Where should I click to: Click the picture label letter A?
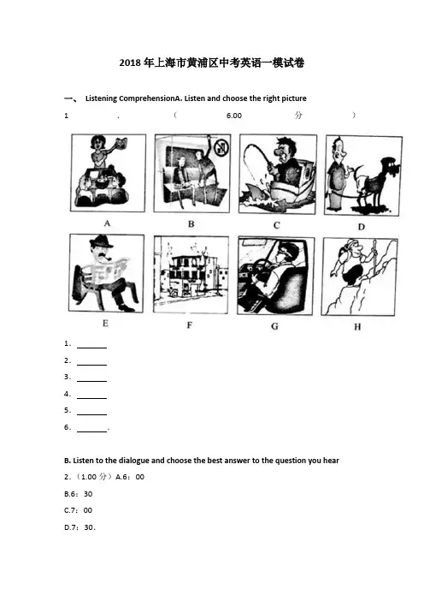pos(107,223)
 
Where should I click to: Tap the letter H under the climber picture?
pos(357,326)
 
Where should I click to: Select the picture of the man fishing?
pos(278,174)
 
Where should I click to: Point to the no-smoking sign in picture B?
pos(221,147)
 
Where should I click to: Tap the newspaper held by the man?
pos(109,271)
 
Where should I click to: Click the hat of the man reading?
pos(101,242)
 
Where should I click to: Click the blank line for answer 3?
pos(91,381)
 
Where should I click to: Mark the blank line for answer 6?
pos(91,432)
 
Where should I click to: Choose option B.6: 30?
pos(79,494)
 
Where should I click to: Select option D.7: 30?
pos(79,527)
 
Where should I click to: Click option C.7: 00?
pos(79,510)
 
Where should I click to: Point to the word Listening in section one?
pos(102,98)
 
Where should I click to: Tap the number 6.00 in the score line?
pos(234,116)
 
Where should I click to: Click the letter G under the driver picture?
pos(274,326)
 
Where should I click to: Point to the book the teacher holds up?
pos(121,143)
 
